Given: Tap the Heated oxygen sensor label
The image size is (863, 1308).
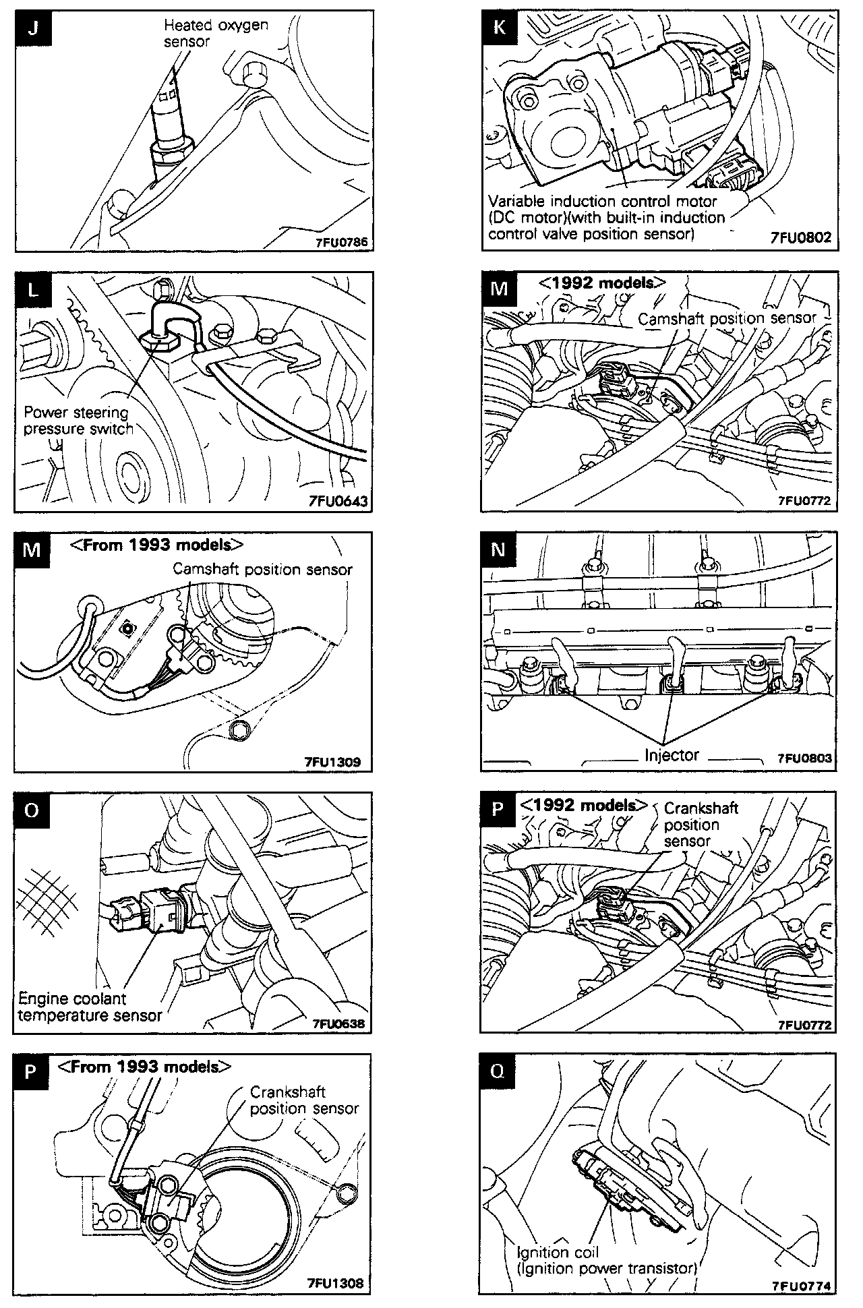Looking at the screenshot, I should tap(216, 33).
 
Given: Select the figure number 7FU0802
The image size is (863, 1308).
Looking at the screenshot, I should tap(800, 238).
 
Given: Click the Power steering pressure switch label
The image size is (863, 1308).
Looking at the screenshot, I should tap(78, 420).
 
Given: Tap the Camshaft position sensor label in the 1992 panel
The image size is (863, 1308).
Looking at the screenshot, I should tap(727, 318).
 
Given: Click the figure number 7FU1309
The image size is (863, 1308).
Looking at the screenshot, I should tap(332, 762).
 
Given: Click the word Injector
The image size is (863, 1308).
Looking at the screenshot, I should tap(672, 755).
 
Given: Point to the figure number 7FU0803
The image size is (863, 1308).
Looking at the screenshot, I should tap(804, 758).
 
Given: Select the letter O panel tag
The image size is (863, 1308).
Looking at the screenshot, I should tap(32, 810).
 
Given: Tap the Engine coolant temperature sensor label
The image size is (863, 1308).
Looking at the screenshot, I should tap(90, 1006).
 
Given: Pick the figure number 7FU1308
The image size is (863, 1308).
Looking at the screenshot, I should tap(334, 1282).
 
